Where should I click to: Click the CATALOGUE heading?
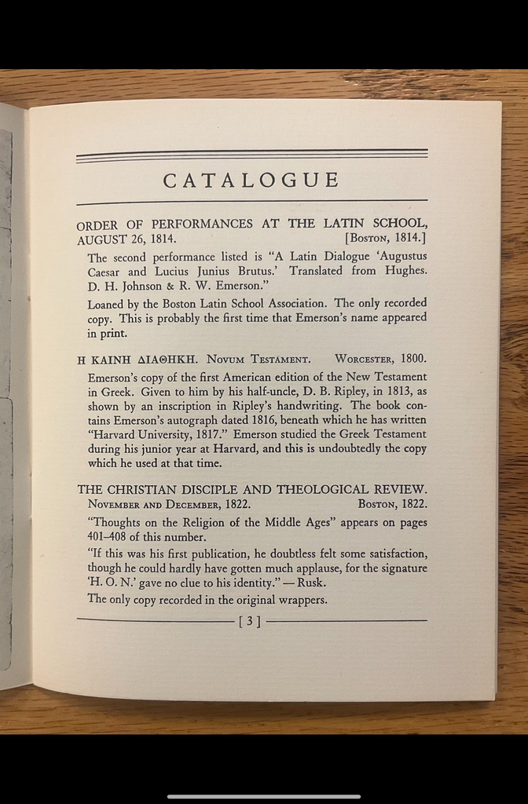tap(251, 181)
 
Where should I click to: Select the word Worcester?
tap(364, 360)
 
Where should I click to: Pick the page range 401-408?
tap(106, 537)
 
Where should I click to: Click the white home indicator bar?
tap(264, 796)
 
